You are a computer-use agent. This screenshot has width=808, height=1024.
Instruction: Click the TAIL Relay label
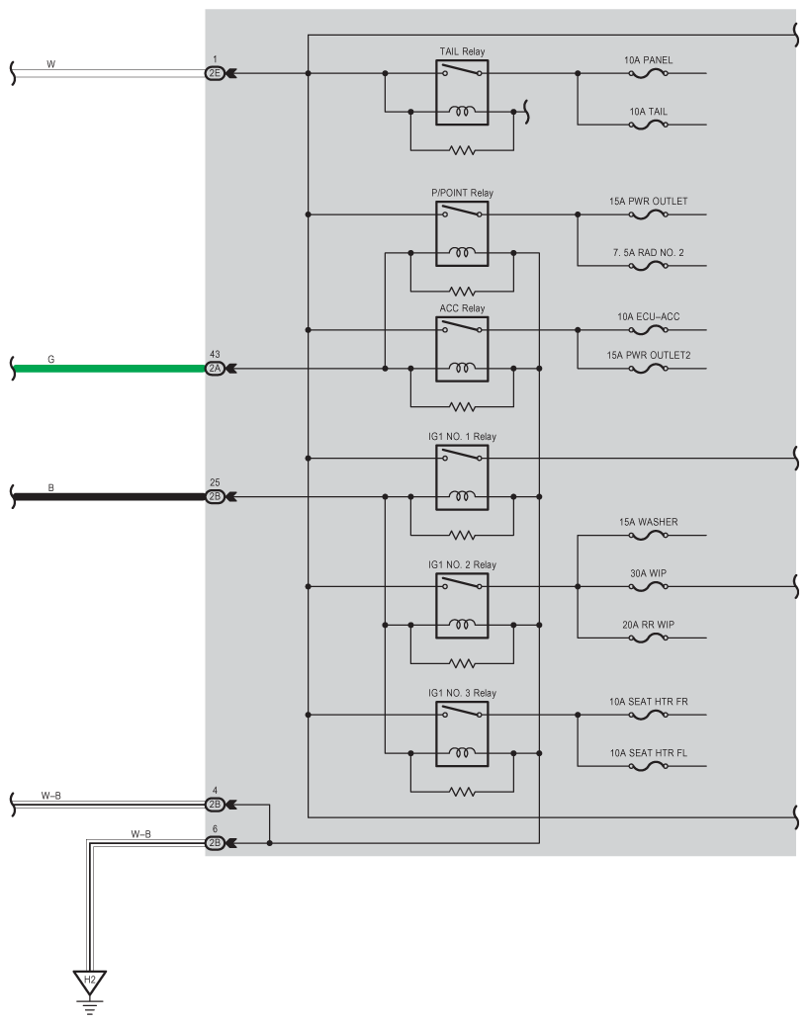[x=462, y=50]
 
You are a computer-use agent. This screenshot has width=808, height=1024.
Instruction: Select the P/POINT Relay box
[x=462, y=233]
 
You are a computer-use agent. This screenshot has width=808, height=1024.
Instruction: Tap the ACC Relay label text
[x=462, y=307]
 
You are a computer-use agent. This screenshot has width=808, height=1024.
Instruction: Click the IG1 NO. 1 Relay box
[x=462, y=477]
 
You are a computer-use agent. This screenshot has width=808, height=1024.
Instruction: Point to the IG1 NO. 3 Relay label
[x=462, y=693]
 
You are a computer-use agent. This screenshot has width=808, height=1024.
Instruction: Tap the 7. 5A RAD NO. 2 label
[x=648, y=253]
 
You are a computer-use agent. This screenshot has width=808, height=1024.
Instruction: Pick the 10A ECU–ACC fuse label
[x=648, y=316]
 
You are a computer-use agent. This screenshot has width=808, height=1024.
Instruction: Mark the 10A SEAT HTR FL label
[x=648, y=753]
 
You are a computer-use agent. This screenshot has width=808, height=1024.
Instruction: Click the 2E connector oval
[x=215, y=73]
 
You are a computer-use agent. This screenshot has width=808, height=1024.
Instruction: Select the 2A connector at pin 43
[x=215, y=369]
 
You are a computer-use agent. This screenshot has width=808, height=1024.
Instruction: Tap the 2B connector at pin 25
[x=215, y=496]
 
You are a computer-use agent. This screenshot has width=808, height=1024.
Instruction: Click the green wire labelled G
[x=109, y=369]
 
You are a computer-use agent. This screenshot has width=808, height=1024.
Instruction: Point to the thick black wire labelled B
[x=109, y=496]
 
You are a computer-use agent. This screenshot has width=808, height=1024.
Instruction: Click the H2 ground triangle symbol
[x=90, y=981]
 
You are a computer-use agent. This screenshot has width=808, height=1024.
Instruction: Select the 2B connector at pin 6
[x=215, y=843]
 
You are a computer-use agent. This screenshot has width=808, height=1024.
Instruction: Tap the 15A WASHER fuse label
[x=648, y=522]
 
